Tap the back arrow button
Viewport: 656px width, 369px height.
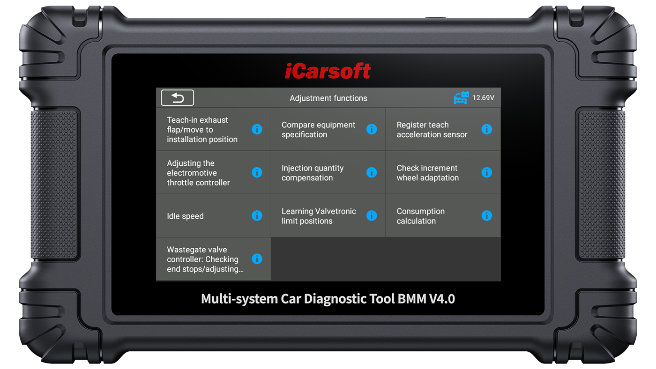(177, 97)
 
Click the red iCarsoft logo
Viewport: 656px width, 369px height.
(328, 71)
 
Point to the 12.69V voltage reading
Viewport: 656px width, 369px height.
(483, 98)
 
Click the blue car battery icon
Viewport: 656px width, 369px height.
(461, 98)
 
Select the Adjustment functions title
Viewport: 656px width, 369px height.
(328, 98)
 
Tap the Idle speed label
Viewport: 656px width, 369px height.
(185, 216)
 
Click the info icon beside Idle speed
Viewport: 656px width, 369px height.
(257, 216)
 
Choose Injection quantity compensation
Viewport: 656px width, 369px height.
(313, 173)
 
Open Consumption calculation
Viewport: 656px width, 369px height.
(421, 216)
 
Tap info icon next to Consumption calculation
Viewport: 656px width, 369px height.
(487, 216)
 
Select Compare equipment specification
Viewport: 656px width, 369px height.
(318, 130)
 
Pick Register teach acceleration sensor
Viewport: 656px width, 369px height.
(432, 130)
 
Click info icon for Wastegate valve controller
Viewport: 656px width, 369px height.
(257, 258)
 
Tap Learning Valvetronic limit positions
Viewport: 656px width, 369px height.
(319, 216)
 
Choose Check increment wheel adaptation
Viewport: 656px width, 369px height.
(427, 173)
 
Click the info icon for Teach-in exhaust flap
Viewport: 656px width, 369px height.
(257, 129)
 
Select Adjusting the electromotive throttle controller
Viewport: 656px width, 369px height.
(198, 173)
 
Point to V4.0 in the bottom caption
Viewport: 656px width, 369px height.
(442, 299)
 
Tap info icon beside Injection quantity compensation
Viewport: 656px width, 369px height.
(372, 172)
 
